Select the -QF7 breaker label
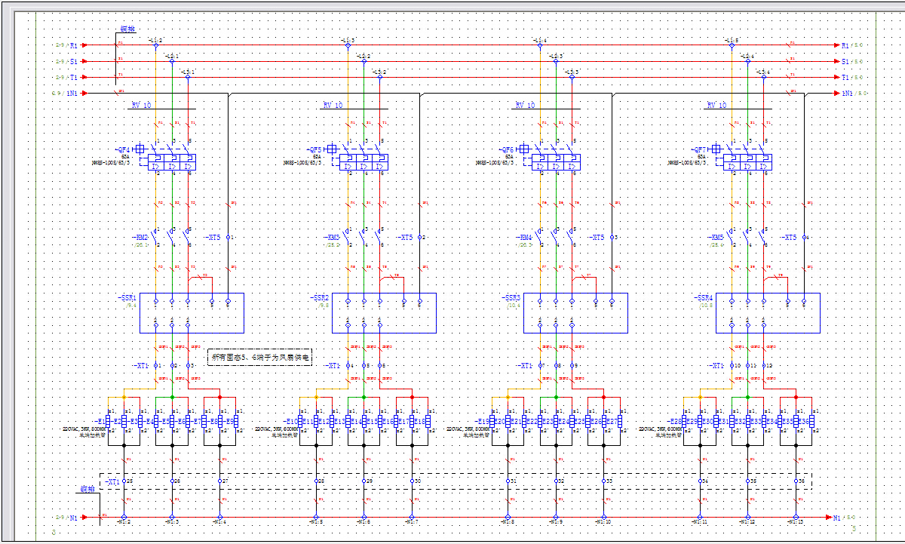[700, 149]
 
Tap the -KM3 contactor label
[333, 237]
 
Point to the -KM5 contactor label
[716, 237]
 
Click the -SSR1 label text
[127, 298]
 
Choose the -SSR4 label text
[703, 298]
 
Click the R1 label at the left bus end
[74, 45]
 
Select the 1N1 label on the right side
[847, 93]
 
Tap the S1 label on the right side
[845, 61]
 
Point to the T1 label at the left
[74, 77]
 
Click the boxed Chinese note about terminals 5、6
[259, 357]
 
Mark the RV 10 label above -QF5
[333, 106]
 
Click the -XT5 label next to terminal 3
[598, 237]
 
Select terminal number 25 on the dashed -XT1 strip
[129, 481]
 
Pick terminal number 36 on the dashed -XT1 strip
[801, 481]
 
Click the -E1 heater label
[100, 421]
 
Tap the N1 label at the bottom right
[836, 518]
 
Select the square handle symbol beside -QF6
[524, 149]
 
